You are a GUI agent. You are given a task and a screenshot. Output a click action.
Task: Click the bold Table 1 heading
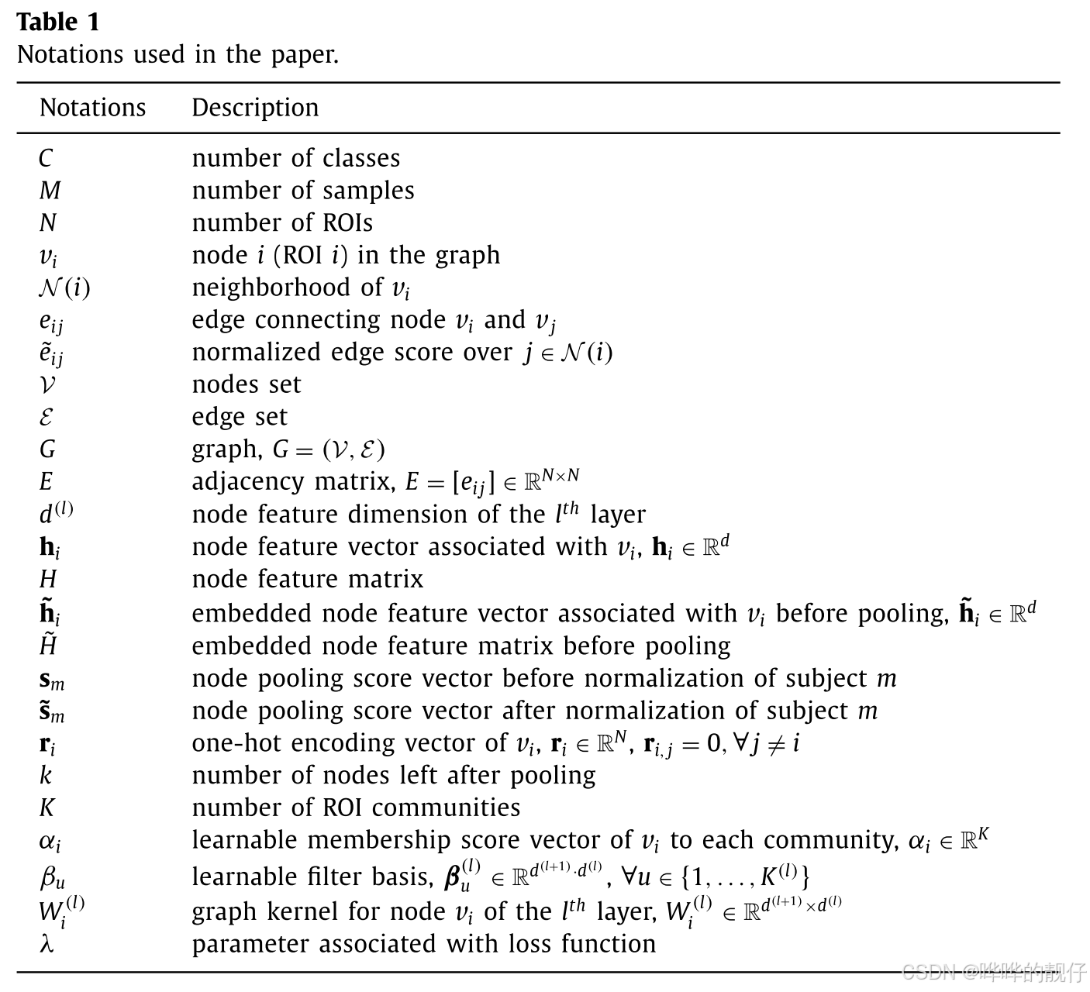(x=58, y=22)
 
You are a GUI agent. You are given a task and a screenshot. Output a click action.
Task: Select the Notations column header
(x=92, y=107)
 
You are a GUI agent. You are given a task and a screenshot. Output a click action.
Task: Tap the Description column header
(x=255, y=107)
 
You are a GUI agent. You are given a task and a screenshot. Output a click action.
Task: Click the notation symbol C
(x=46, y=158)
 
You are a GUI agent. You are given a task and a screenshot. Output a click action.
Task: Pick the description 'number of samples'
(x=303, y=191)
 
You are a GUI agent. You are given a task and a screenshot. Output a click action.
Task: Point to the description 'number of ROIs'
(x=282, y=223)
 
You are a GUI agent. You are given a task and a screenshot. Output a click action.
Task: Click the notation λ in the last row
(x=47, y=944)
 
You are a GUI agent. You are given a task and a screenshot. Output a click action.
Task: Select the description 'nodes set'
(x=247, y=384)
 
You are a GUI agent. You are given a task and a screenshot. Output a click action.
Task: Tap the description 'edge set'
(x=240, y=417)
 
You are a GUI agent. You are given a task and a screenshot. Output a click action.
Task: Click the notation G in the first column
(x=47, y=449)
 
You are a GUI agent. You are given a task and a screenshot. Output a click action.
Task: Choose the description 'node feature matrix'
(x=308, y=579)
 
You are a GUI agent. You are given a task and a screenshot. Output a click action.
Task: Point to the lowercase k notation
(x=46, y=775)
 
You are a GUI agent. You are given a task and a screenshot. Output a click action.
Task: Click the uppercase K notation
(x=47, y=808)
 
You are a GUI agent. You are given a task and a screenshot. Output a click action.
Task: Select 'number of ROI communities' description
(x=356, y=808)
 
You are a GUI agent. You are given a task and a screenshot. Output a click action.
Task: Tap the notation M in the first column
(x=50, y=191)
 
